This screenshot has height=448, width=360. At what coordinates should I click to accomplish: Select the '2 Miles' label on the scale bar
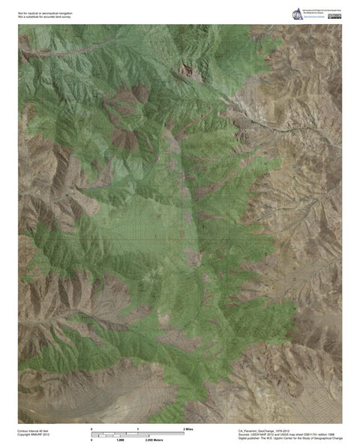[x=179, y=428]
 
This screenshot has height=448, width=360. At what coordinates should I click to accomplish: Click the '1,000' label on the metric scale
[x=119, y=440]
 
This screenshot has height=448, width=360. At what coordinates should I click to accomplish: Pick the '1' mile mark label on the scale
[x=138, y=428]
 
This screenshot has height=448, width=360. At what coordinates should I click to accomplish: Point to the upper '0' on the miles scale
[x=91, y=428]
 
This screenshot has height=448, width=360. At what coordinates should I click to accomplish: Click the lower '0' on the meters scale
[x=91, y=440]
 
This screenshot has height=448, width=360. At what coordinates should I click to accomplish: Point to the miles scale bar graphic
[x=138, y=433]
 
